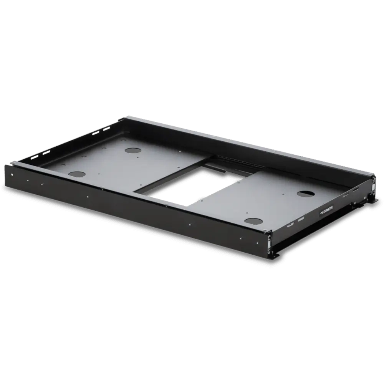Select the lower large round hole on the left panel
pyautogui.click(x=77, y=174)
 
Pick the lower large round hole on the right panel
pyautogui.click(x=253, y=221)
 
